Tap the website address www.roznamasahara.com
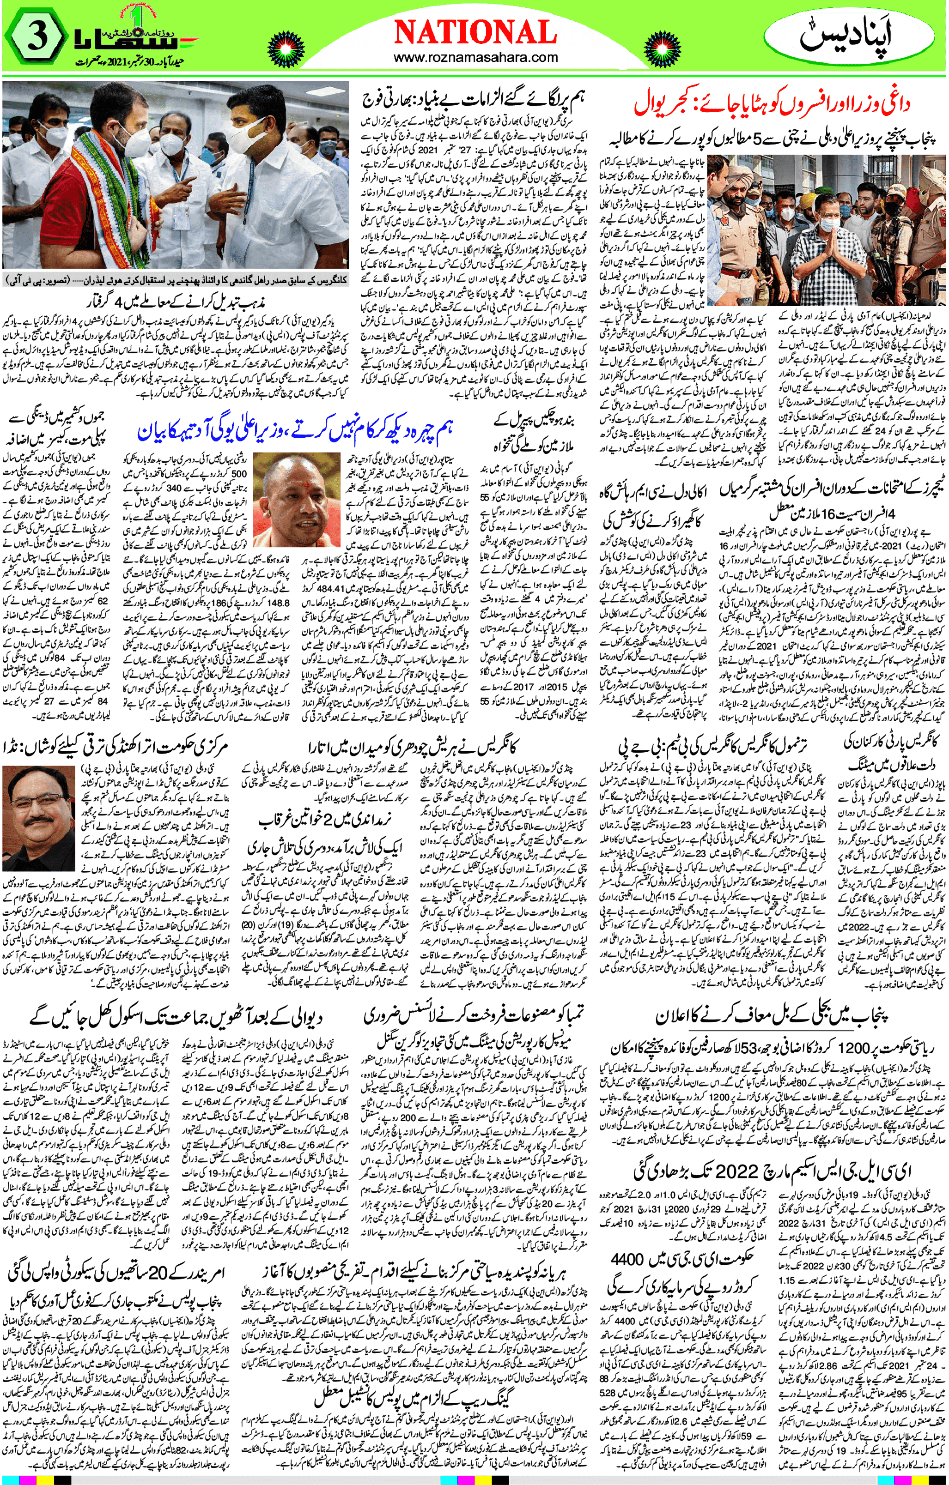point(474,58)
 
